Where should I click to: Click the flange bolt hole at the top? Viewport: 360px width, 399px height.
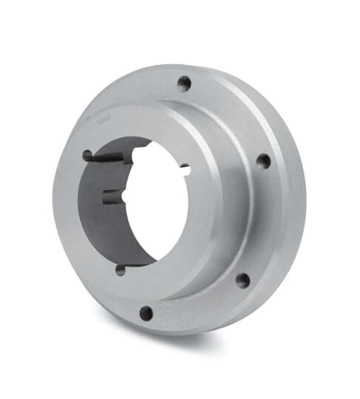click(185, 83)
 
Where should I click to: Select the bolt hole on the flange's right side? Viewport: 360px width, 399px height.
click(263, 160)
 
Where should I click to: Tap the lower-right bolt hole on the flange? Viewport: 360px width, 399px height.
click(242, 279)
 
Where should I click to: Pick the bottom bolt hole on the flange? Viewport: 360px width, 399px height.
click(146, 313)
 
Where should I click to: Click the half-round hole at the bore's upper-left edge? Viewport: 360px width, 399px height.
click(87, 155)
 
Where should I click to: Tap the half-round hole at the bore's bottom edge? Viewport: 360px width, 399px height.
click(120, 270)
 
